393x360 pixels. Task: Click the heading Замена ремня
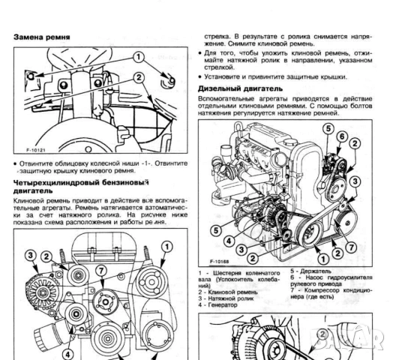pyautogui.click(x=43, y=36)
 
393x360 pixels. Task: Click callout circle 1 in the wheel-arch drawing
pyautogui.click(x=139, y=57)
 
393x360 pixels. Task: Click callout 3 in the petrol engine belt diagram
pyautogui.click(x=31, y=256)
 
